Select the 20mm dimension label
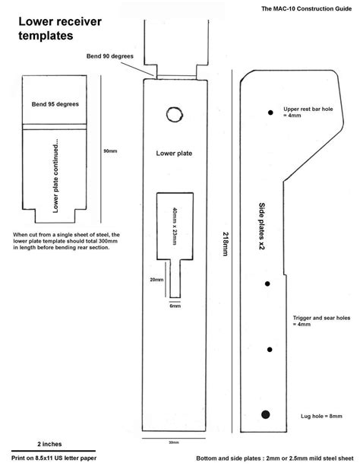pyautogui.click(x=156, y=279)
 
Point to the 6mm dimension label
pyautogui.click(x=175, y=306)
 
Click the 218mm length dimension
pyautogui.click(x=222, y=245)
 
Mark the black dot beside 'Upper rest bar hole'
pyautogui.click(x=270, y=113)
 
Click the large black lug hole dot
pyautogui.click(x=266, y=414)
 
